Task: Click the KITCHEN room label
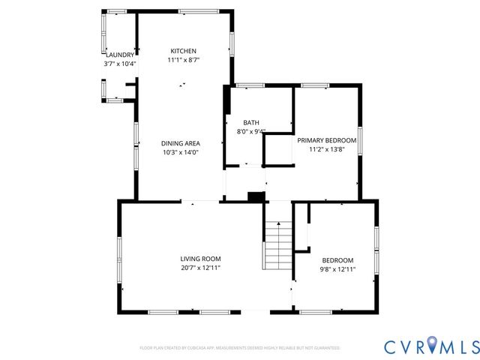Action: click(x=183, y=51)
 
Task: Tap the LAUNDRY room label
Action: click(x=120, y=55)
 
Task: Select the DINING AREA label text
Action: click(x=181, y=143)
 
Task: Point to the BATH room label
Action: click(x=250, y=123)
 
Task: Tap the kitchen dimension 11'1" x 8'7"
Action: click(x=183, y=60)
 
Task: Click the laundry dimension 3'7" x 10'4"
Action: click(x=120, y=64)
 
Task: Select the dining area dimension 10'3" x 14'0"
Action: click(x=181, y=152)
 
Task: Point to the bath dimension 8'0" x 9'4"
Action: click(x=250, y=132)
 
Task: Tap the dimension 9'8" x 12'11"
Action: click(x=338, y=269)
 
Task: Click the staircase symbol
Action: click(x=277, y=246)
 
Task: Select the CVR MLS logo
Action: click(x=431, y=346)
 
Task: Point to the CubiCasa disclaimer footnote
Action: click(x=240, y=348)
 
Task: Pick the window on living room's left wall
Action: click(x=118, y=257)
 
